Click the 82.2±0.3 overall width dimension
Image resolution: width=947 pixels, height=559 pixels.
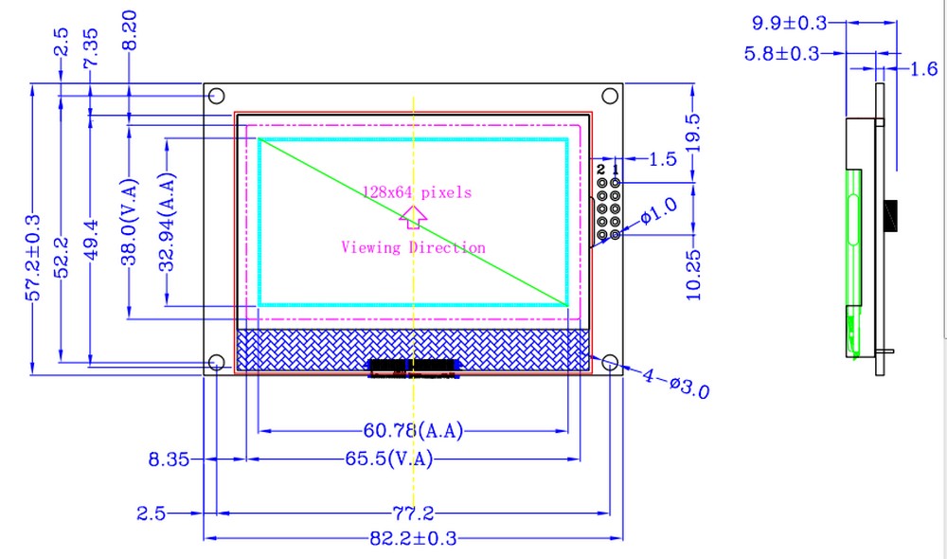pos(413,538)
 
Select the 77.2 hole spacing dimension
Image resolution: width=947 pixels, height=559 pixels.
pos(413,514)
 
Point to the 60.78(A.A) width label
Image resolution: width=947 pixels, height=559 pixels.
pos(414,431)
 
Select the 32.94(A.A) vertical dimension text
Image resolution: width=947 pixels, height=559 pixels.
pos(168,221)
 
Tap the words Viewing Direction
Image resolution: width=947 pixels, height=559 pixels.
pos(413,247)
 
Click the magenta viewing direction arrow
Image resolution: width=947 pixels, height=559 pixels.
pos(413,217)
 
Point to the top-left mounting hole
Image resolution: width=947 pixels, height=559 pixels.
pos(216,96)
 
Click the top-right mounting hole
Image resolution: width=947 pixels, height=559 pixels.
pos(610,96)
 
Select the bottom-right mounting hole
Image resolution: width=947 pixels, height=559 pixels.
pos(610,363)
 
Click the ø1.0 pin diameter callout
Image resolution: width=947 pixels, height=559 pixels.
pos(659,211)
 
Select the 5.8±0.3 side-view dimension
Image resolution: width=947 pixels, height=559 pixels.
pos(782,54)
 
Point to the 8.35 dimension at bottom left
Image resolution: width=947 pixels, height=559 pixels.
pos(170,460)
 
